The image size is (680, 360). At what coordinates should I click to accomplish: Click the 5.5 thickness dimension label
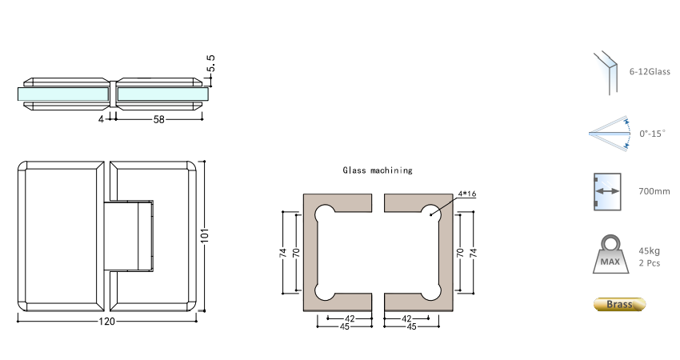[210, 63]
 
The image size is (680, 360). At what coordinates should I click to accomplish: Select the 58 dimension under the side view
[158, 119]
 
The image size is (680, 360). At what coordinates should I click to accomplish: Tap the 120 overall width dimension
[106, 322]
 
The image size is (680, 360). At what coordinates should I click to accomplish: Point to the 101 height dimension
[205, 234]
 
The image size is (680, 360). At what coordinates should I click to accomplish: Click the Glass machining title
[378, 170]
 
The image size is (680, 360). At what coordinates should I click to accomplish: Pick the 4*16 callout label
[467, 194]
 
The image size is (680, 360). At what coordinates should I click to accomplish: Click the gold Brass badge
[619, 305]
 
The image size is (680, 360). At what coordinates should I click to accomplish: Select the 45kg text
[650, 250]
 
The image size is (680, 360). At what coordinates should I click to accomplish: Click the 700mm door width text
[654, 191]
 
